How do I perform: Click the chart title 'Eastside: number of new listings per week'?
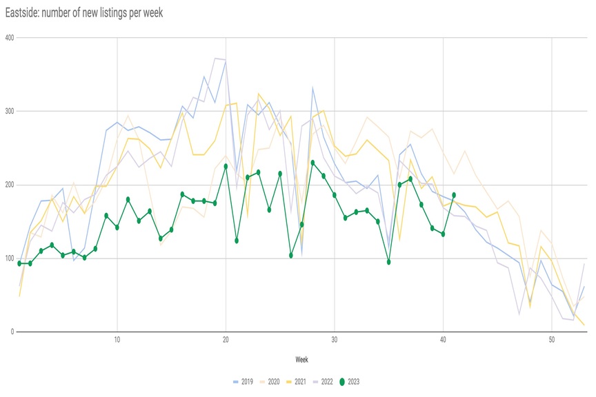coord(83,12)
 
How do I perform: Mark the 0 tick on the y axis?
coord(12,332)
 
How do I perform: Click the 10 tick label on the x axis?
coord(117,340)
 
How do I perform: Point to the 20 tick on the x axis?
coord(226,340)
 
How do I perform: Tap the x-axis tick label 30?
coord(335,340)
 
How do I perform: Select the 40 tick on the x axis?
coord(443,340)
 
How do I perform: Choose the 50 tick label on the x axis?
coord(552,340)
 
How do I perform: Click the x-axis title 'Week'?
coord(301,360)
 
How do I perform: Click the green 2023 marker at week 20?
coord(226,166)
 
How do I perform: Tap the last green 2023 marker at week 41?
coord(454,195)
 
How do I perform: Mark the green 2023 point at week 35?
coord(389,262)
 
